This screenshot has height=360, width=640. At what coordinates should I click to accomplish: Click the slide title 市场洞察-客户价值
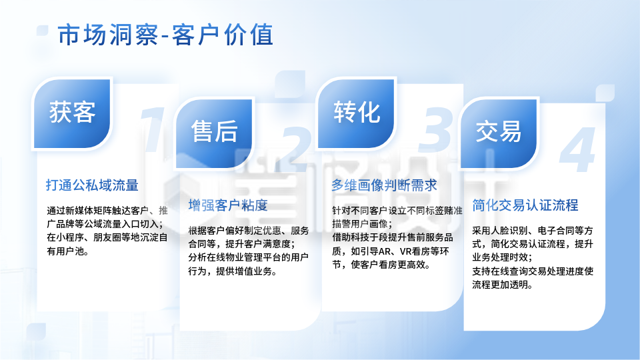[x=165, y=35]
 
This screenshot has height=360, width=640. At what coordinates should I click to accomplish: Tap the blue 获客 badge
[x=72, y=112]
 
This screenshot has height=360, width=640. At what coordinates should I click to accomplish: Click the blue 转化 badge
[x=356, y=112]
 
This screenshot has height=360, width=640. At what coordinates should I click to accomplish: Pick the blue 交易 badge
[x=499, y=131]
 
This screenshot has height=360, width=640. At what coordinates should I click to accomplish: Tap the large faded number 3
[x=439, y=127]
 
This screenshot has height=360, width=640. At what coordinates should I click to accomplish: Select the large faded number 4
[x=577, y=148]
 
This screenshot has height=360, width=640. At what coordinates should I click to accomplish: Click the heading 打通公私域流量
[x=92, y=185]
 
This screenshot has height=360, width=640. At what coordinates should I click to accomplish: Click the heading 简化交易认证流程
[x=525, y=205]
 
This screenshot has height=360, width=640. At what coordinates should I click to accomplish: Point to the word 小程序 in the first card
[x=70, y=237]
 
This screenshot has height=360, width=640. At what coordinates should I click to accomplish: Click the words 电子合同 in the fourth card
[x=564, y=230]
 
